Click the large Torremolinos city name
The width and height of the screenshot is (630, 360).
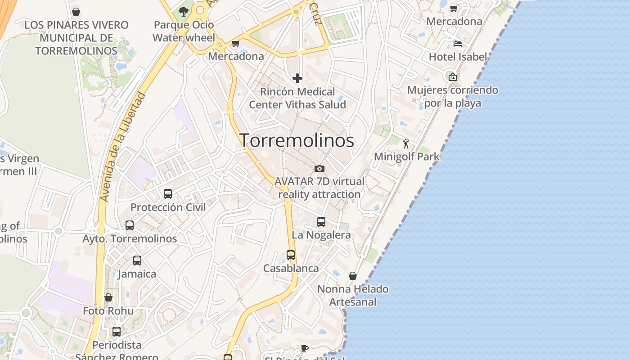(297, 140)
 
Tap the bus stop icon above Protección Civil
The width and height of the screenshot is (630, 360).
(168, 194)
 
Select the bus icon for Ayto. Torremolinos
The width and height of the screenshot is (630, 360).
(130, 225)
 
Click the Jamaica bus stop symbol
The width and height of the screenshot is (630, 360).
(137, 260)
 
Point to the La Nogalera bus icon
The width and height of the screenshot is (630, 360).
(321, 221)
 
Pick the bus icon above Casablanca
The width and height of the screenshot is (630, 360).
(291, 255)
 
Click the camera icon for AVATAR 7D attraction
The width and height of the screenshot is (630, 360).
(319, 168)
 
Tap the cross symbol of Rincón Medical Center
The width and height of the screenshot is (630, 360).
(297, 78)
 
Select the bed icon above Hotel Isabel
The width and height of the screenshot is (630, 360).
(458, 44)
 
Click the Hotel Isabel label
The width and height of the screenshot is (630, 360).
(458, 57)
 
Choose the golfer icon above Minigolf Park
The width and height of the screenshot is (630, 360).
(406, 144)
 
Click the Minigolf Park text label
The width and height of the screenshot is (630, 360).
(406, 157)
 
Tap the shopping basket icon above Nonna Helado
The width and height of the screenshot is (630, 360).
(353, 276)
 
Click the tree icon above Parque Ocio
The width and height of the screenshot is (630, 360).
(183, 12)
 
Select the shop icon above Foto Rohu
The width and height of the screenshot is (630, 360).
(108, 297)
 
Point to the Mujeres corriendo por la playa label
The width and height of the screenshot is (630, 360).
(452, 96)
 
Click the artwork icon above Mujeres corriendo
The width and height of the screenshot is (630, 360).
(453, 77)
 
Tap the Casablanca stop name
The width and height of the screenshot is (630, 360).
(291, 268)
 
